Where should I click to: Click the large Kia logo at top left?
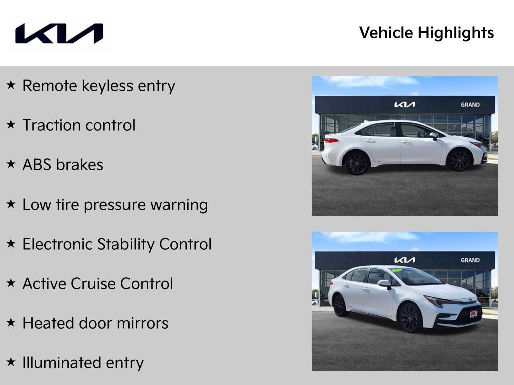(x=59, y=33)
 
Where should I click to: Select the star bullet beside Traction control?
(x=11, y=125)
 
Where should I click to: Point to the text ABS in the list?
(x=37, y=165)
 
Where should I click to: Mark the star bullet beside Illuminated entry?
(x=11, y=362)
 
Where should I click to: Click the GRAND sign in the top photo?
(x=470, y=105)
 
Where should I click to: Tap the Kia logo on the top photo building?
(x=404, y=105)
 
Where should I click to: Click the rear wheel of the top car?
(x=357, y=163)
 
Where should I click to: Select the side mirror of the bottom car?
(x=384, y=284)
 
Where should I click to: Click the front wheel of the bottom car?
(x=410, y=318)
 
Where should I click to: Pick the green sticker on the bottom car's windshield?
(x=397, y=270)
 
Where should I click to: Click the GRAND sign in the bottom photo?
(x=470, y=260)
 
